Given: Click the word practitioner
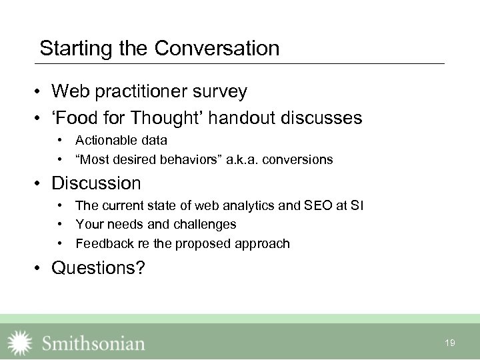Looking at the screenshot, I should pyautogui.click(x=139, y=91).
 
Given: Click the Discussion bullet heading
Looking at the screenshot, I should pyautogui.click(x=96, y=183).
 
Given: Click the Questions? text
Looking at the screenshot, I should pyautogui.click(x=98, y=268).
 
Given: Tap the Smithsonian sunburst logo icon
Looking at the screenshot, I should pyautogui.click(x=19, y=343).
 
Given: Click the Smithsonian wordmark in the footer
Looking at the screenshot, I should pyautogui.click(x=93, y=343).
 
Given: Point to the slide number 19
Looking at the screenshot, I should pyautogui.click(x=450, y=343).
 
